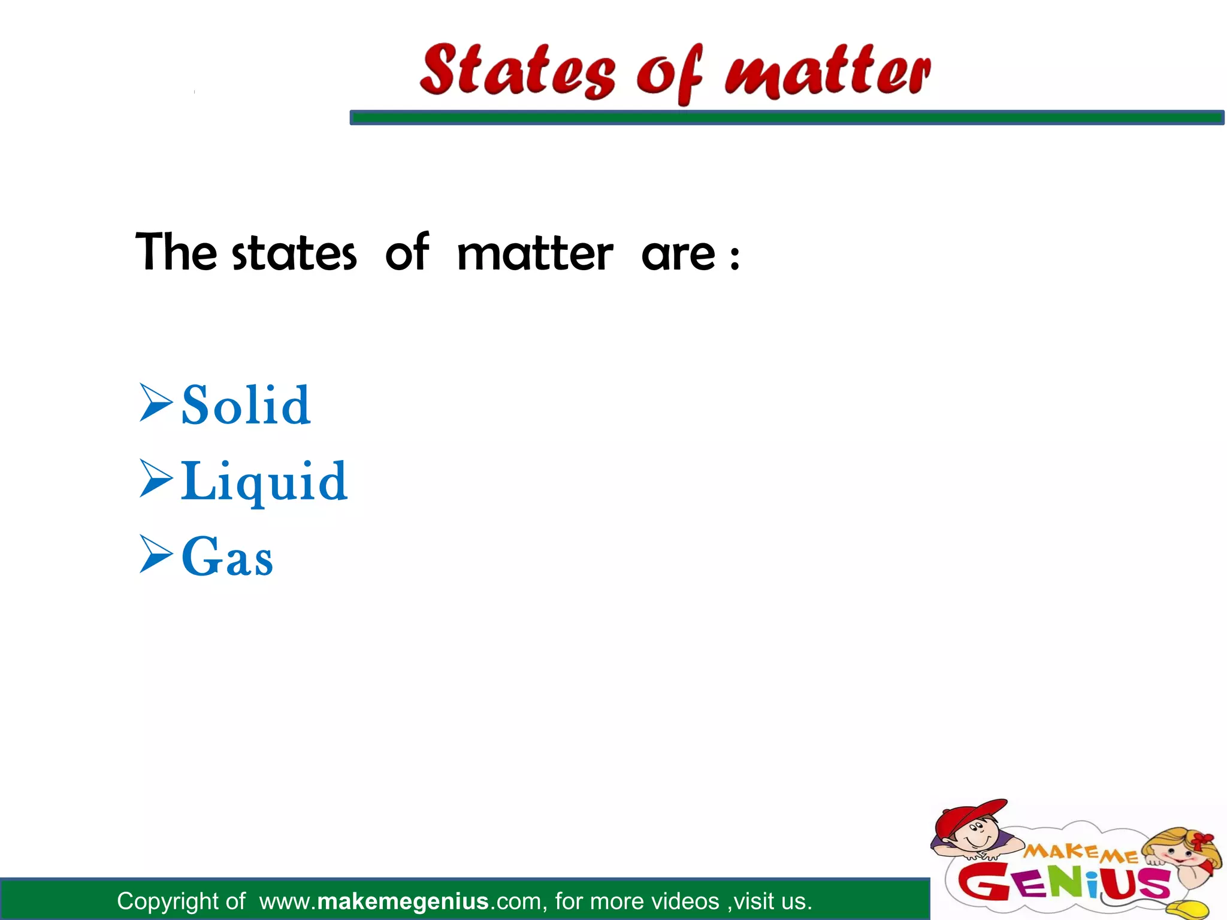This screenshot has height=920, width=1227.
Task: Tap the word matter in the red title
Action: [x=827, y=72]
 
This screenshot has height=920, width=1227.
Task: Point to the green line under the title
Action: [x=786, y=117]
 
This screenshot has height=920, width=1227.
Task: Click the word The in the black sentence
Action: [x=176, y=253]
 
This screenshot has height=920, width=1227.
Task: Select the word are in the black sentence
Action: [x=678, y=255]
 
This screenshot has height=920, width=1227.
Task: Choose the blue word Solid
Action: [x=246, y=405]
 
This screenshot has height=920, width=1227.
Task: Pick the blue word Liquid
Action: [x=264, y=482]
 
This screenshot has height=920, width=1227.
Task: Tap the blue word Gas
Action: [x=227, y=558]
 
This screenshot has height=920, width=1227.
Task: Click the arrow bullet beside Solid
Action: [x=156, y=403]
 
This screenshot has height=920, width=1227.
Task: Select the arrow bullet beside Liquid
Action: [x=156, y=479]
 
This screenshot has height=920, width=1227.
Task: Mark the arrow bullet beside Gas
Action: [x=156, y=554]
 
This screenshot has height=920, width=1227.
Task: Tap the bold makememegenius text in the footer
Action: [x=403, y=901]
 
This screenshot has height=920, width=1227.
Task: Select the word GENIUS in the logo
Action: [x=1063, y=882]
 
